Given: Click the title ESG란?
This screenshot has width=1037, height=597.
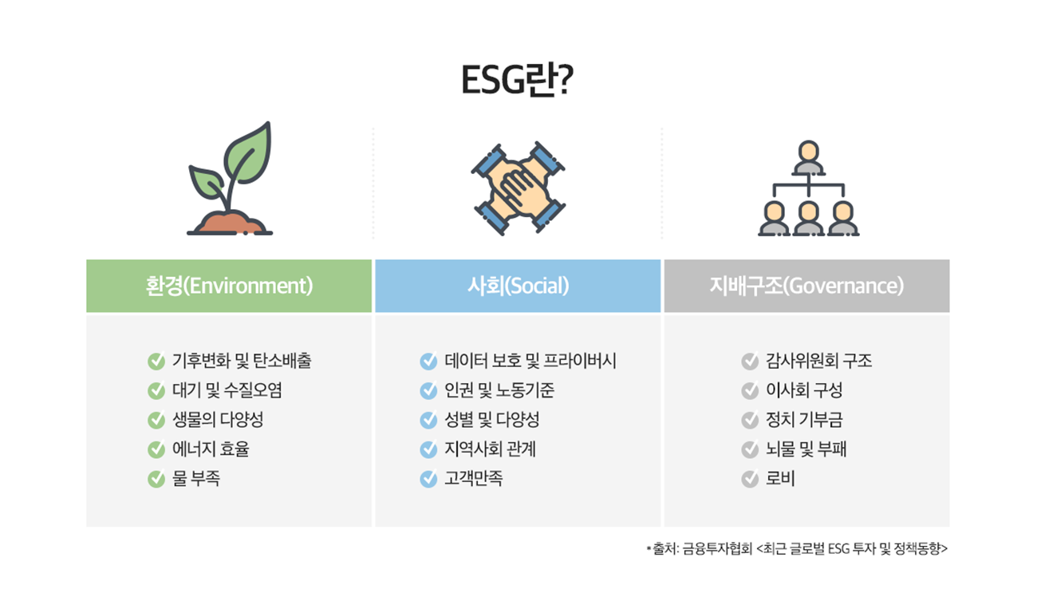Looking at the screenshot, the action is [x=517, y=80].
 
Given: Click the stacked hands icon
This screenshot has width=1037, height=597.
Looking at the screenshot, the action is [x=518, y=188].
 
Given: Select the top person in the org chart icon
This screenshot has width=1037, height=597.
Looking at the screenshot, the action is [x=808, y=157].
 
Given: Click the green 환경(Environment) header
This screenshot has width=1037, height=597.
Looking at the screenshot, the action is [x=229, y=286].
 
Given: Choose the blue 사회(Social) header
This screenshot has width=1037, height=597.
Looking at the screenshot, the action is [x=518, y=286].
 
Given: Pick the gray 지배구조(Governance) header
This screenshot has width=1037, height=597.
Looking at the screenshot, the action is [x=806, y=286].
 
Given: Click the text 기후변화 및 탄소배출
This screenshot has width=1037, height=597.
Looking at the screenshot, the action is [x=242, y=361].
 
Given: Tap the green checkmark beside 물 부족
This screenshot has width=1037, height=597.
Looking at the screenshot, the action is [x=156, y=479].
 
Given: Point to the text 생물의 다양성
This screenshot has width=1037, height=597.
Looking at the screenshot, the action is [x=218, y=420].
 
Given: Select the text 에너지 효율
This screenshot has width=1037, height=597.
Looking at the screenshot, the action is [x=211, y=449].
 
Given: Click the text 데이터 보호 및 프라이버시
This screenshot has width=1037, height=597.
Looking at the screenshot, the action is [x=530, y=361].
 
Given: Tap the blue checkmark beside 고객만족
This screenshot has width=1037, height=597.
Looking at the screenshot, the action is [x=428, y=479].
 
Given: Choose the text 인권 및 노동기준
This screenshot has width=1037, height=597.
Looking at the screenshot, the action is [x=499, y=390].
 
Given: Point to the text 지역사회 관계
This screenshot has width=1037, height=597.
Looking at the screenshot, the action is [x=490, y=449].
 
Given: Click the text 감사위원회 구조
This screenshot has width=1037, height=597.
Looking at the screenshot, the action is [x=818, y=361].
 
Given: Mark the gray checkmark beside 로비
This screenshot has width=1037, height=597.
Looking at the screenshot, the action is [x=750, y=479].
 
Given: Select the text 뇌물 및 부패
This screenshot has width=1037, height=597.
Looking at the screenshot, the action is [x=806, y=449].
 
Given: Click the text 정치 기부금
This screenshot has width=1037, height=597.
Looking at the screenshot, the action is [x=804, y=420].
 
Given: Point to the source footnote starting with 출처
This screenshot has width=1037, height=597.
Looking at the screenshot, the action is [x=797, y=549].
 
